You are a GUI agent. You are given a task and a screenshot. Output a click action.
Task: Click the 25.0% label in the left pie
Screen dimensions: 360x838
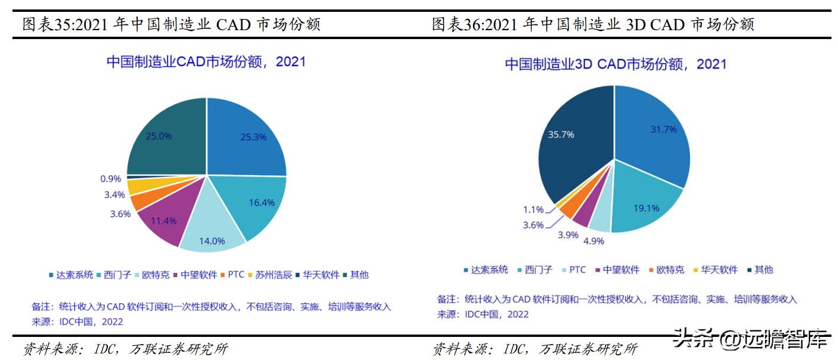point(159,136)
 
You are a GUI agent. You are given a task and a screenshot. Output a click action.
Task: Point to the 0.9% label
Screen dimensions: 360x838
point(111,178)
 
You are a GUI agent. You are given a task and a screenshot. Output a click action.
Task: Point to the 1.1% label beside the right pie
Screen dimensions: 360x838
point(532,209)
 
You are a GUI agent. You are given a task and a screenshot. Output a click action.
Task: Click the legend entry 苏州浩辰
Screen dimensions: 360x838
point(272,275)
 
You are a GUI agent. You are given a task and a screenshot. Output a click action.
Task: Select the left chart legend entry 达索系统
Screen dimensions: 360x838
point(71,275)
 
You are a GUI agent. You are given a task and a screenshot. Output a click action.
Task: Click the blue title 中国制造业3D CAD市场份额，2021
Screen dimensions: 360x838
point(615,65)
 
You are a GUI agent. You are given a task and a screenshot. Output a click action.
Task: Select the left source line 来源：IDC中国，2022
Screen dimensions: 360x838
point(78,322)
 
